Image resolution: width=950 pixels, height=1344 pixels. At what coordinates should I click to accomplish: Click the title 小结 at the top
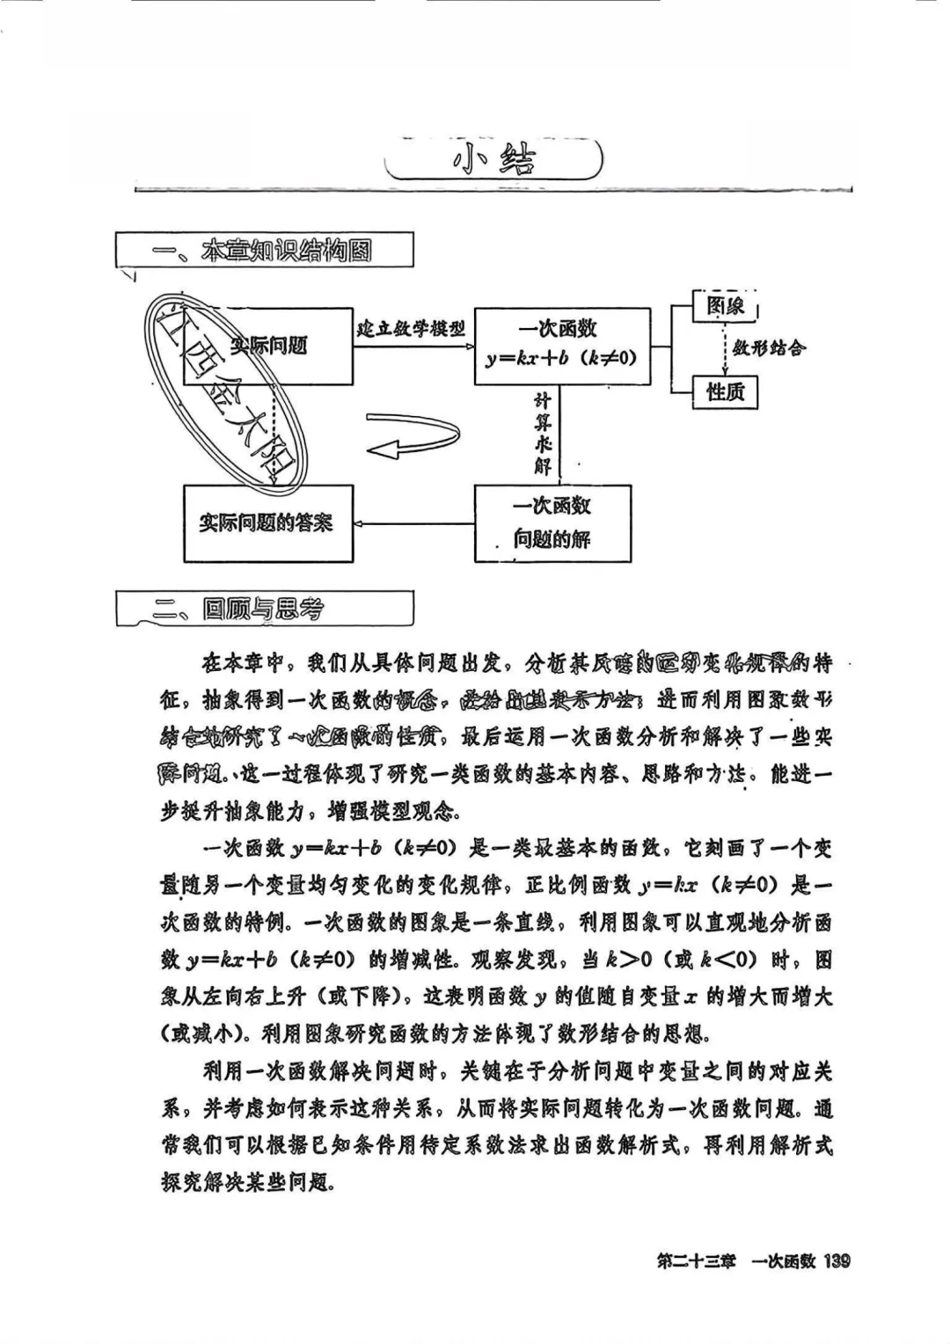tap(493, 160)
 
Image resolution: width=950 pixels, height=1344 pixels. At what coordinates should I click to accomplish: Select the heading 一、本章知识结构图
tap(264, 251)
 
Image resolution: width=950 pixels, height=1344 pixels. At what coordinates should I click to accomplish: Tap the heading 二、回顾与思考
tap(264, 609)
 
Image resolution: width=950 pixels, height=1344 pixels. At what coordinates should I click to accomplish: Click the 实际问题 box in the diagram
tap(267, 346)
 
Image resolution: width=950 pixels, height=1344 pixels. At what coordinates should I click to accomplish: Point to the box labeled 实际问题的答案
tap(267, 523)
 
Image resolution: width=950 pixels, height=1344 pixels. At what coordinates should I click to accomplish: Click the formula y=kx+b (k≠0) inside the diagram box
tap(561, 359)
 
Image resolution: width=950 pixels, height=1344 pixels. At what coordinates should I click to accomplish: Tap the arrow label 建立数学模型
tap(411, 329)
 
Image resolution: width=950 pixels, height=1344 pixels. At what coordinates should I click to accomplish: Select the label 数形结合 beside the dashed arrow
tap(769, 348)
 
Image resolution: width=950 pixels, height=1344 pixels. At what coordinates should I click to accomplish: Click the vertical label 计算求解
tap(543, 435)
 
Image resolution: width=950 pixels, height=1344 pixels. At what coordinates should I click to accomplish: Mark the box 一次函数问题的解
tap(552, 522)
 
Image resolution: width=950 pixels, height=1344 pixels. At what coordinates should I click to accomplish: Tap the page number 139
tap(837, 1261)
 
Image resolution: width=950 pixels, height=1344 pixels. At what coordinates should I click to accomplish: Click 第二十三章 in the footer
tap(696, 1261)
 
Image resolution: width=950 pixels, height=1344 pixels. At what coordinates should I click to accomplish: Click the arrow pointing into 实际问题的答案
tap(413, 524)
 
